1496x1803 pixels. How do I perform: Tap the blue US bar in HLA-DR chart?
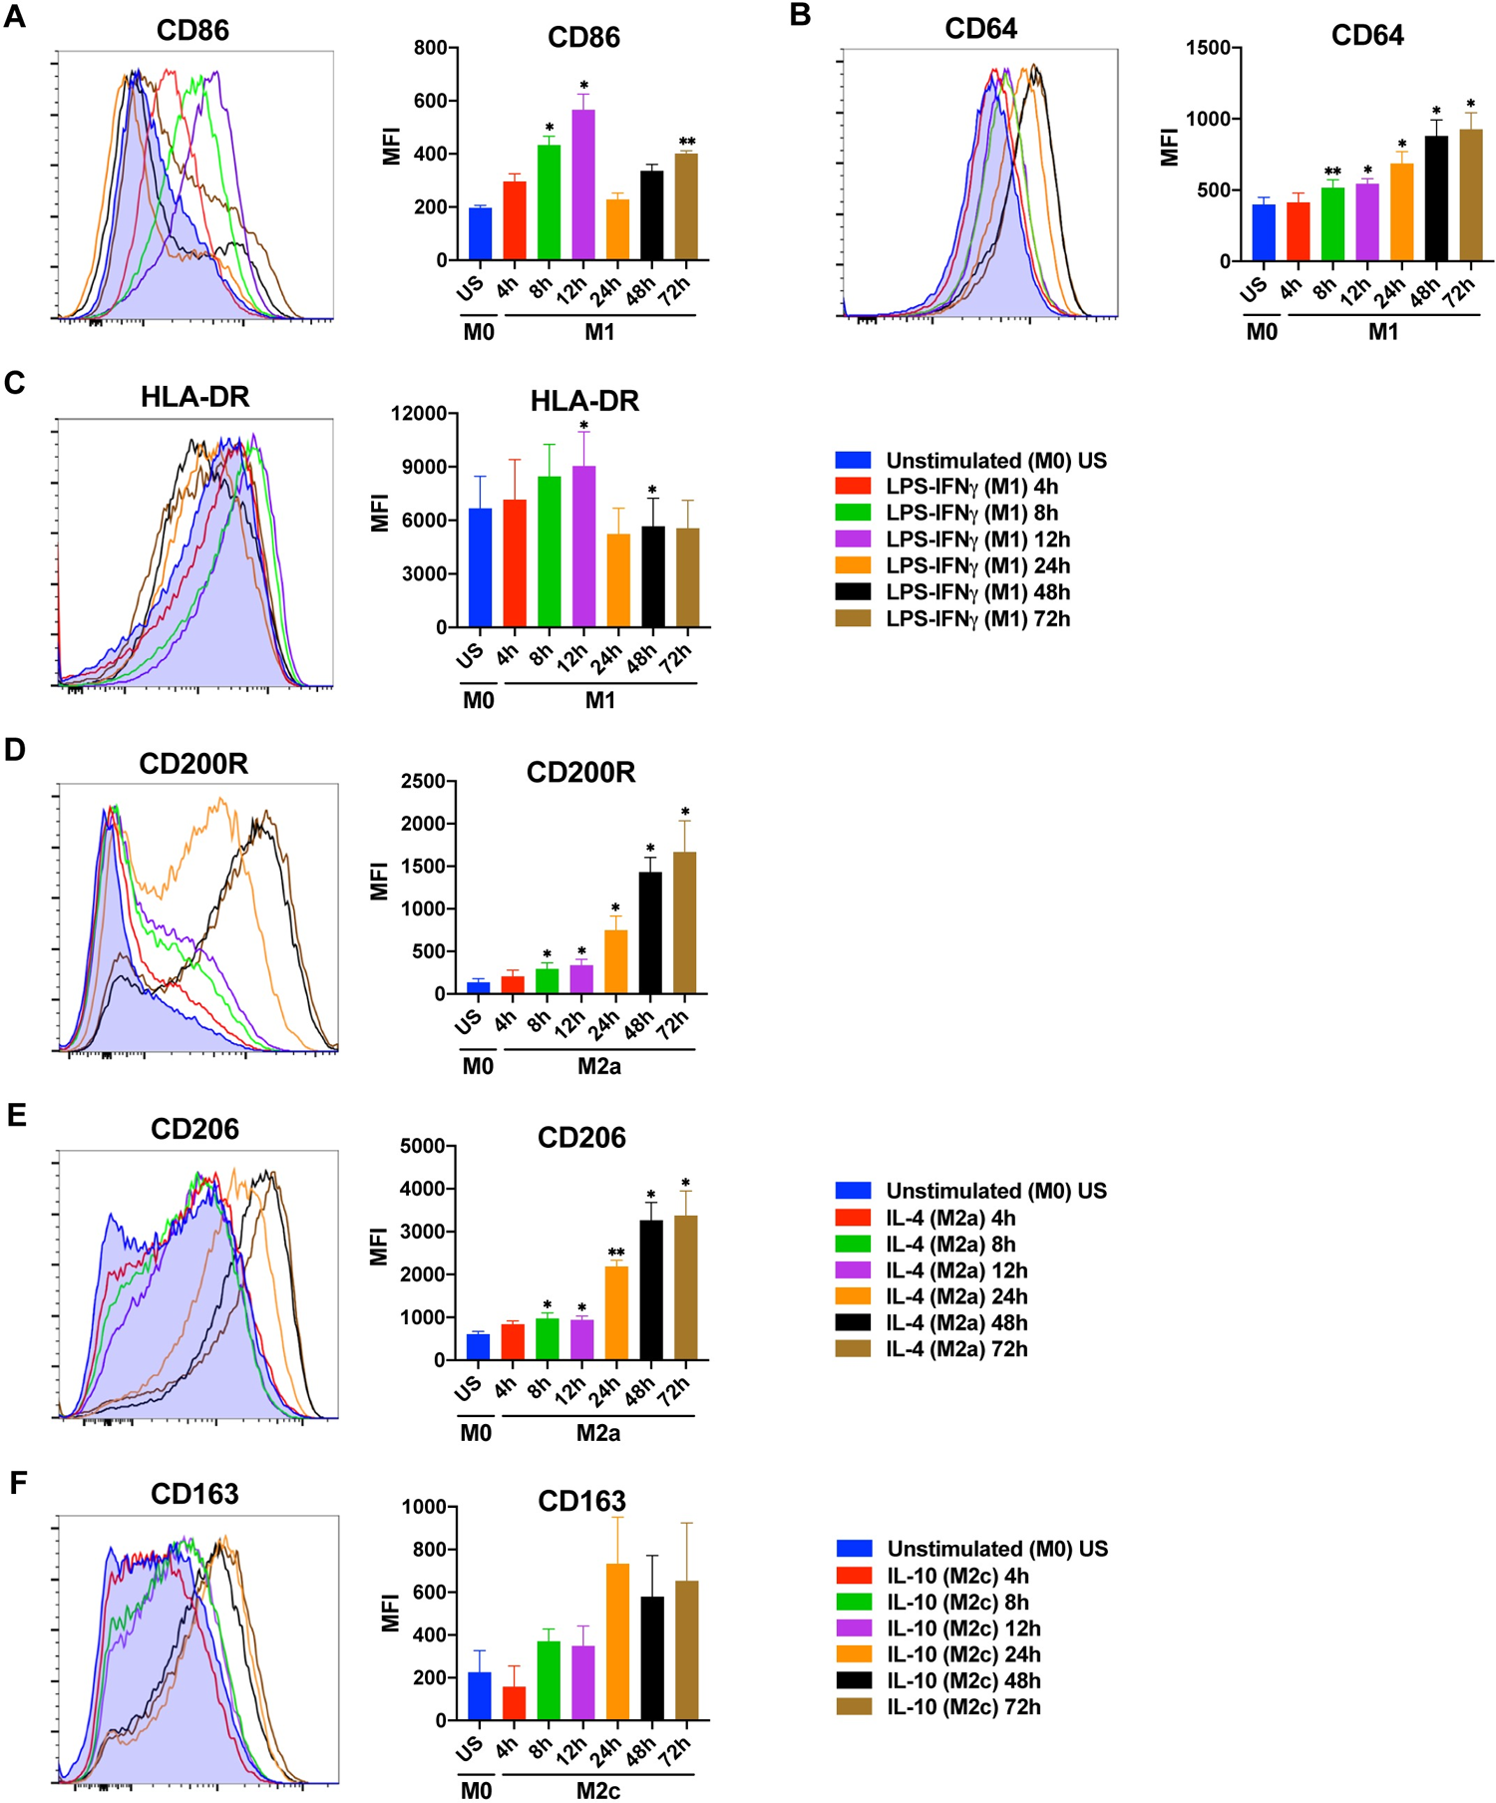point(480,568)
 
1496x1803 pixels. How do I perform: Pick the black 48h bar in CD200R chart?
point(650,933)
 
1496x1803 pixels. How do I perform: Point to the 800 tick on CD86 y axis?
point(430,48)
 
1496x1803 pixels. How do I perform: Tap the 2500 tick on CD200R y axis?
point(422,781)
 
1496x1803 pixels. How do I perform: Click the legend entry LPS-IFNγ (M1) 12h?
point(977,540)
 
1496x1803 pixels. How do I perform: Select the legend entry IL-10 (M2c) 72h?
point(962,1707)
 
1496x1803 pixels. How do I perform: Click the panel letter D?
point(14,750)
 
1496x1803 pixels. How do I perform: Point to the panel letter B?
point(800,16)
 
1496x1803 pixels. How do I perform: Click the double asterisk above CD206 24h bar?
point(616,1254)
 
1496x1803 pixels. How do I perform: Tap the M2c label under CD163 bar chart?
point(598,1791)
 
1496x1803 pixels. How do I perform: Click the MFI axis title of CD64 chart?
point(1171,147)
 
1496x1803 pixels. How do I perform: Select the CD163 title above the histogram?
point(194,1494)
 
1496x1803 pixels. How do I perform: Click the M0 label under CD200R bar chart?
point(478,1067)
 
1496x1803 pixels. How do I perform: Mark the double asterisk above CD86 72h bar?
point(687,142)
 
